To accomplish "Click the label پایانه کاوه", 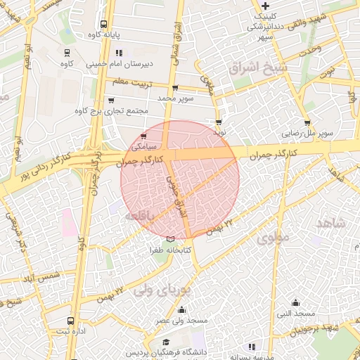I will tap(105, 34).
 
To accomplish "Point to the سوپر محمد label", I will tap(174, 98).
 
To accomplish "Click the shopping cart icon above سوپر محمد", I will tap(174, 89).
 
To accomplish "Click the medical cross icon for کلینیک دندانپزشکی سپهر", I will tap(266, 6).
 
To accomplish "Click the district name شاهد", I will tap(331, 223).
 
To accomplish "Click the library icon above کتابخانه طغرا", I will tap(169, 240).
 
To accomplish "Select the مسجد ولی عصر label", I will tap(182, 321).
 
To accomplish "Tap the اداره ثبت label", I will tap(69, 331).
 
